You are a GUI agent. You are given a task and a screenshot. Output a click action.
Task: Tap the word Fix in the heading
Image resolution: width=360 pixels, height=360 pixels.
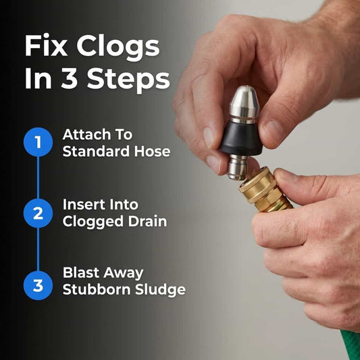[46, 45]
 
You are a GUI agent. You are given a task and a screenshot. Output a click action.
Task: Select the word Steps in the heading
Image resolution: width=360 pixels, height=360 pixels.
[128, 80]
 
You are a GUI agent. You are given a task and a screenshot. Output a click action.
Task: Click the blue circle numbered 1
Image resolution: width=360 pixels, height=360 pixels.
[38, 142]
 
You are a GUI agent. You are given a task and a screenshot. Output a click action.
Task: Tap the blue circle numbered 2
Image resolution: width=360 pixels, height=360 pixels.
[38, 213]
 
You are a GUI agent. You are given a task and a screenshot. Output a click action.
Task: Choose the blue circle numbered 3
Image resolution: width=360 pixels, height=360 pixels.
[38, 286]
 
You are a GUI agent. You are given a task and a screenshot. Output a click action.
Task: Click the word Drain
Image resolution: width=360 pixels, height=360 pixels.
[147, 222]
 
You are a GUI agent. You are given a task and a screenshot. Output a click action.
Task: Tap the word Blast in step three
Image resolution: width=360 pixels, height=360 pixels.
[80, 272]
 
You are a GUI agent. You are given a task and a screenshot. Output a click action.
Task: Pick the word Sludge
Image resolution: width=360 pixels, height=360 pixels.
[160, 290]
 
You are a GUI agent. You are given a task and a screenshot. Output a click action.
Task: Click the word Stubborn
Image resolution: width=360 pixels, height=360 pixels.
[97, 290]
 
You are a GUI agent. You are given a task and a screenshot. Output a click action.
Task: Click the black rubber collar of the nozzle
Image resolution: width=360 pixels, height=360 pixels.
[241, 138]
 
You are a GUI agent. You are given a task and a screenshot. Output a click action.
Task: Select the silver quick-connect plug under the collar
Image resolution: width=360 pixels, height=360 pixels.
[238, 167]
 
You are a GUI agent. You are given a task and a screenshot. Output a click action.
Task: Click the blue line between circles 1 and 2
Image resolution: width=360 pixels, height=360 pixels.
[38, 178]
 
